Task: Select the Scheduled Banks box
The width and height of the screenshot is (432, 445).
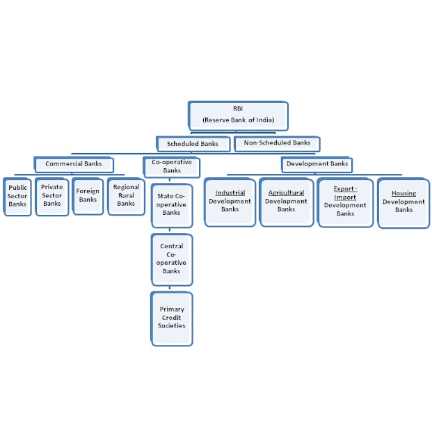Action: [x=193, y=144]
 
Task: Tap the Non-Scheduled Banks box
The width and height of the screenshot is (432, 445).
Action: [x=278, y=143]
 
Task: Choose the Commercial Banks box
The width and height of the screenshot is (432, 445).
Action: [x=73, y=164]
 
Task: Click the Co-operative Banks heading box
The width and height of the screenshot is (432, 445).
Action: [x=171, y=166]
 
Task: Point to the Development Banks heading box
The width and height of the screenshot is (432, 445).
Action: [x=317, y=164]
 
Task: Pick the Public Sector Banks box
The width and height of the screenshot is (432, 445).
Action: [x=17, y=196]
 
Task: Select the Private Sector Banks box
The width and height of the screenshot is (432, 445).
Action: [x=51, y=195]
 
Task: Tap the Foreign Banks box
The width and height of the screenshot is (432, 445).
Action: [x=88, y=195]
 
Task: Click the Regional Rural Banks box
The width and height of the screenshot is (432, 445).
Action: [x=126, y=195]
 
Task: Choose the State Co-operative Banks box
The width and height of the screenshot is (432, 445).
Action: [x=171, y=204]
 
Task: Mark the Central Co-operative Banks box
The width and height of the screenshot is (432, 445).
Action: [x=171, y=259]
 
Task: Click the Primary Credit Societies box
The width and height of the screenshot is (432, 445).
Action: [x=171, y=318]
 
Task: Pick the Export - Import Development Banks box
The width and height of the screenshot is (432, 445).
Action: [x=344, y=202]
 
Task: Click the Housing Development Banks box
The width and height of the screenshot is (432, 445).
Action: [x=403, y=202]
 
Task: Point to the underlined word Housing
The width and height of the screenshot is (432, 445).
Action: [x=403, y=193]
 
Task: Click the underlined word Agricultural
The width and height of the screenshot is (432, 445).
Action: [x=286, y=193]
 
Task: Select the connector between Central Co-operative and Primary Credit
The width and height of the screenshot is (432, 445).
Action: [x=171, y=289]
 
